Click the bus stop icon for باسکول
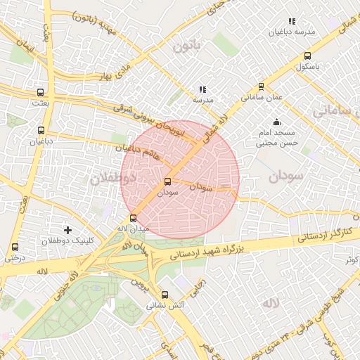(307, 56)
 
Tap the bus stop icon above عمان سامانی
(262, 87)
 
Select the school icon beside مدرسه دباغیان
(292, 22)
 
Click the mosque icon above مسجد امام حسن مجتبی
(276, 122)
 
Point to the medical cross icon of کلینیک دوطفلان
(67, 230)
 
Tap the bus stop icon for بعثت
(41, 92)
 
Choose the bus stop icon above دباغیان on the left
(41, 130)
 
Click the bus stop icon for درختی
(15, 247)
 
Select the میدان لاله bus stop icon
(134, 218)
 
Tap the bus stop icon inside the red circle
(167, 181)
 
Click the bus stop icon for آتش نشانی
(165, 295)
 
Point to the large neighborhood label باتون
(186, 46)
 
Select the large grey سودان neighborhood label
(284, 176)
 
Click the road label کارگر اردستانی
(325, 233)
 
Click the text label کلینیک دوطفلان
(68, 241)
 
